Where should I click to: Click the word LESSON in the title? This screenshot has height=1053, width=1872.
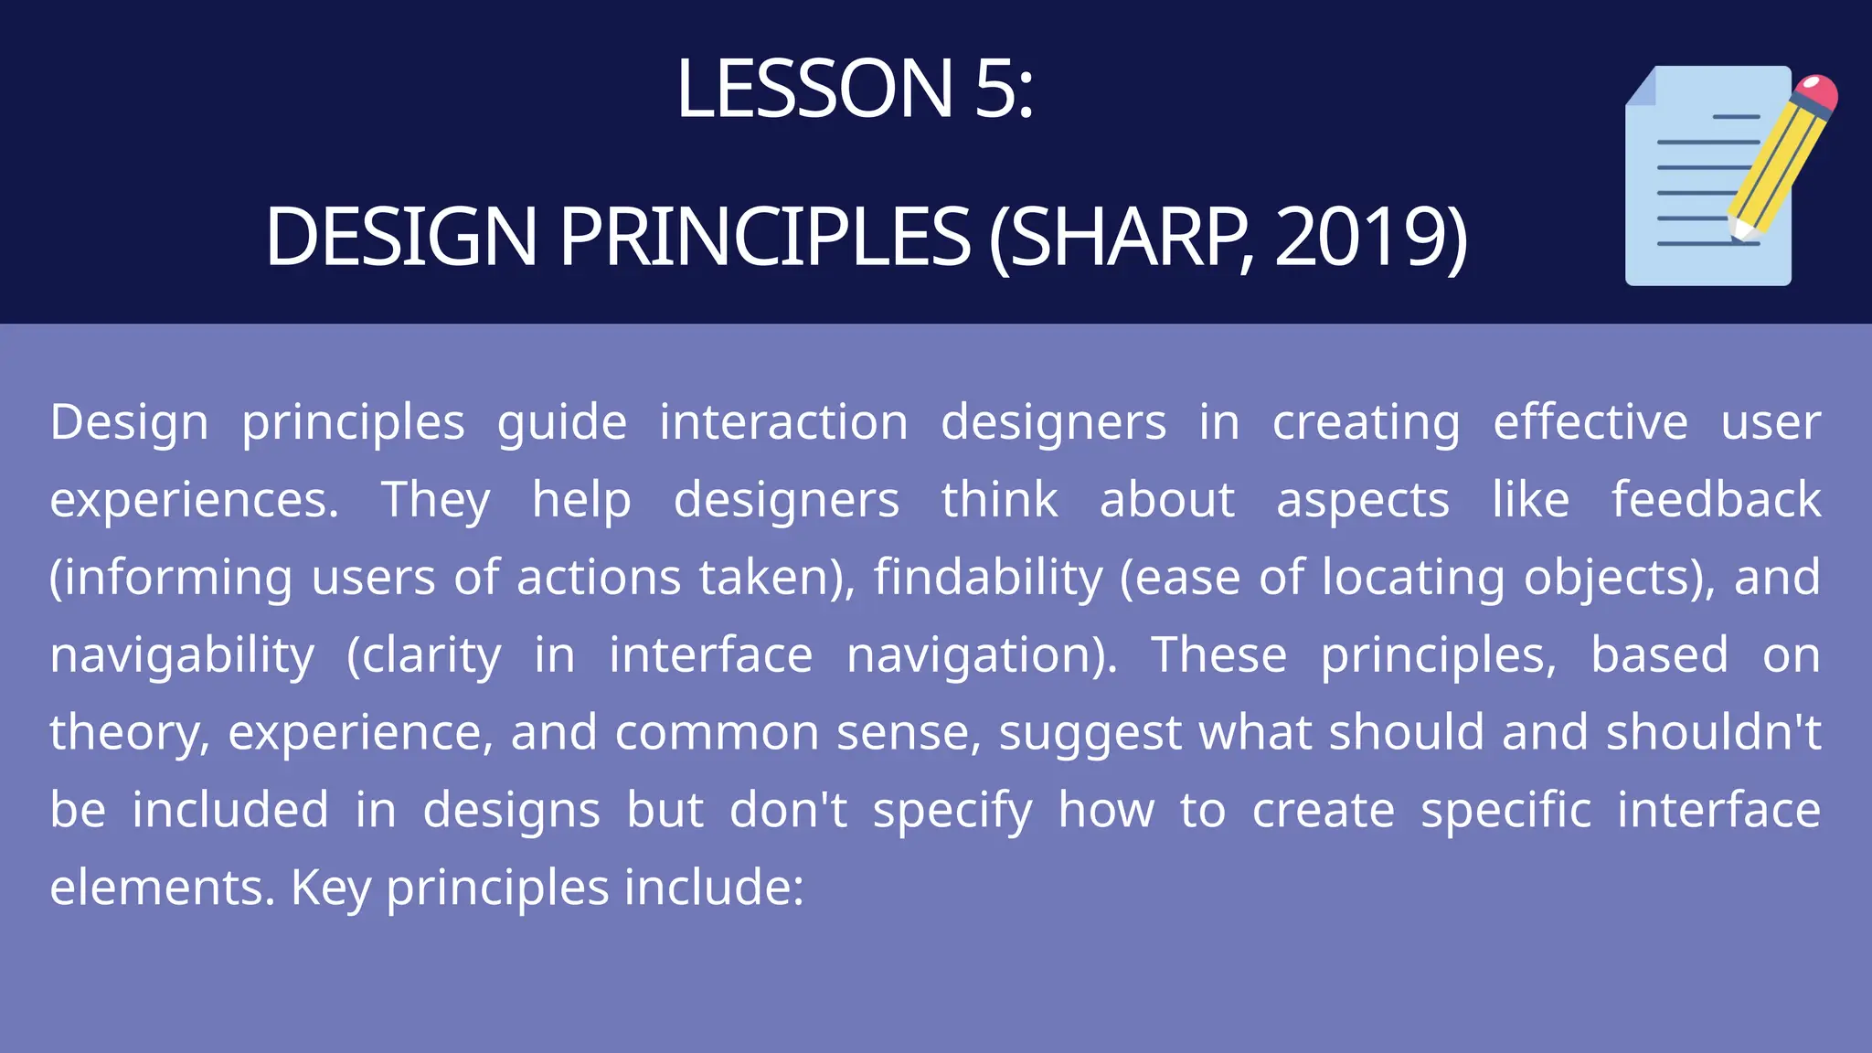(814, 89)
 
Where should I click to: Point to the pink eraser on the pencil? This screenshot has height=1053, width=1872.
(1817, 92)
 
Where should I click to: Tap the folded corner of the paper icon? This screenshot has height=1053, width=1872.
(1642, 88)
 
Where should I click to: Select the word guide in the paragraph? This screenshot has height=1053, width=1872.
(562, 424)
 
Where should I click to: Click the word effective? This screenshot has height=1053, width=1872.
(1590, 422)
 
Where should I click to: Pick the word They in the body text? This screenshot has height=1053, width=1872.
(435, 502)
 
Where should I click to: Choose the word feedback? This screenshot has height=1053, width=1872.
(1716, 500)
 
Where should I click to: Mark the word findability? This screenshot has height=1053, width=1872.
(988, 579)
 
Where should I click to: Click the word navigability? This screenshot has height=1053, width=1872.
(182, 657)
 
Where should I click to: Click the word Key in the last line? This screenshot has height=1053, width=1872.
(330, 888)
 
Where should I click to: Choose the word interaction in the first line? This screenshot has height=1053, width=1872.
(783, 422)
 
